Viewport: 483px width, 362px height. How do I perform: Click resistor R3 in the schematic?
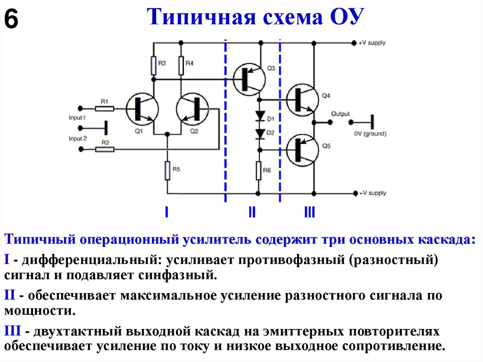coord(154,66)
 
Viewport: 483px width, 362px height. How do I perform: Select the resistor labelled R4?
coord(181,66)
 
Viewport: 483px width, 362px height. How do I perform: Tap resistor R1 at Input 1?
coord(104,108)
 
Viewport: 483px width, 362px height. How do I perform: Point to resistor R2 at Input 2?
coord(104,149)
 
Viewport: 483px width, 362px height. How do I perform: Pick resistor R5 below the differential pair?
coord(167,170)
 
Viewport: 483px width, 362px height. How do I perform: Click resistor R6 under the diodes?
coord(258,170)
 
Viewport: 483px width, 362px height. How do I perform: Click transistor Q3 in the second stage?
coord(250,78)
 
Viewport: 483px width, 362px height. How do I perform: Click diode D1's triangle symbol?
coord(259,116)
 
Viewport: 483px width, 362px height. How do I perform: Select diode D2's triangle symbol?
coord(259,134)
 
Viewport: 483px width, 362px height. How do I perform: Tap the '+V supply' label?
coord(372,43)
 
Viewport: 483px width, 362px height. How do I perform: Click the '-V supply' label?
coord(372,193)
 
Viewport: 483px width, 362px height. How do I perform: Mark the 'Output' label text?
coord(341,114)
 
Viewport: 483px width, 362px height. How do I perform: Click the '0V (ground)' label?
coord(370,134)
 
